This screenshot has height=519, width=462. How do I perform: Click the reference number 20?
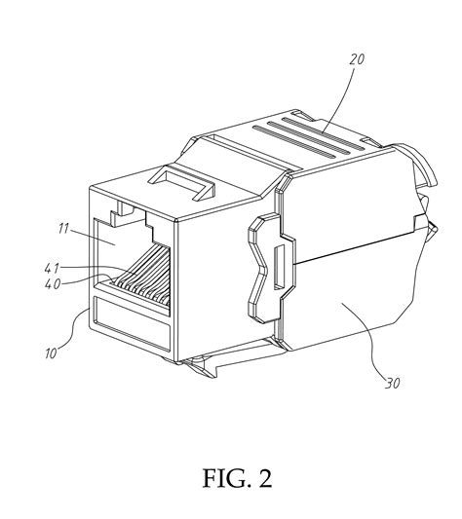(357, 59)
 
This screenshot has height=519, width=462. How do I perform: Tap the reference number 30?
(393, 383)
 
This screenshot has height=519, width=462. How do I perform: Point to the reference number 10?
(51, 353)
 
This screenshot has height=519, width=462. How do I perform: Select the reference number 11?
(63, 229)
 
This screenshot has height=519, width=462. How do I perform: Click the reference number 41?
(52, 268)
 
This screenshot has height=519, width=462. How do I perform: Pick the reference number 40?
(53, 283)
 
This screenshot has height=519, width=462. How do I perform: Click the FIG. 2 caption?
(237, 478)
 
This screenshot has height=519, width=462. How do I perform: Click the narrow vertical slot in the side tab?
(279, 267)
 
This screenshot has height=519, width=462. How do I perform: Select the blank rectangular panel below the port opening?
(132, 323)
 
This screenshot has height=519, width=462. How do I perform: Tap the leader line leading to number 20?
(338, 99)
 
